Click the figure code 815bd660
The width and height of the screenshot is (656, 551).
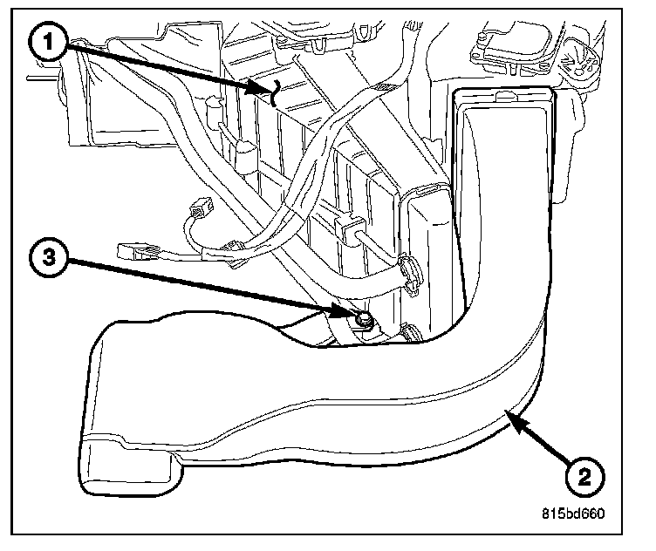coord(570,512)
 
